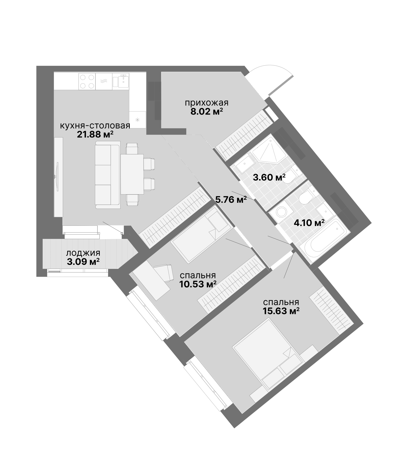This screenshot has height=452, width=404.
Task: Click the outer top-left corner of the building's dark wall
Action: [x=37, y=66]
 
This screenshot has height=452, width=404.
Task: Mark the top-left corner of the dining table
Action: [x=121, y=154]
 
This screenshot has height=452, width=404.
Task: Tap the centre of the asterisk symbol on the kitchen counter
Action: [x=138, y=120]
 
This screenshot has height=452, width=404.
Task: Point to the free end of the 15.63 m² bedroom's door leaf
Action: [x=284, y=278]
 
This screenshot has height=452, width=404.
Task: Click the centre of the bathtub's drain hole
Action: [x=337, y=229]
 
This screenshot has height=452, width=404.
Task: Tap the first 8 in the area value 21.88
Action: [x=94, y=135]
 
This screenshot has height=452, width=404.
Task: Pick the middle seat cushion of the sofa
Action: [x=103, y=175]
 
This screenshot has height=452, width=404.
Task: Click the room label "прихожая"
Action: [x=207, y=103]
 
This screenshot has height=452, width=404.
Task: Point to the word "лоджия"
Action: [x=83, y=253]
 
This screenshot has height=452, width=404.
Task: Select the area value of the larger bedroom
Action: [x=281, y=311]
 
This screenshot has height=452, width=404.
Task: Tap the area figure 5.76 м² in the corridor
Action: [x=231, y=200]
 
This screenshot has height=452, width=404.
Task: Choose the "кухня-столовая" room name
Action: [x=95, y=126]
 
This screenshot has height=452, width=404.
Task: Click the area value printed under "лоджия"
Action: [x=83, y=262]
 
